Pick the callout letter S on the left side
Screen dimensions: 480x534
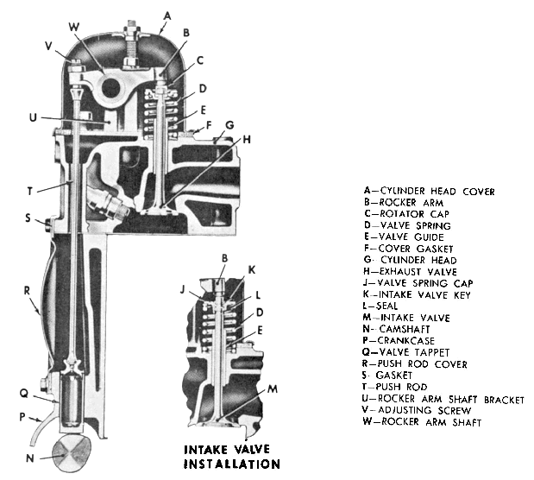coord(29,218)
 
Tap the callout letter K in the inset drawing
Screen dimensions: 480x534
coord(252,269)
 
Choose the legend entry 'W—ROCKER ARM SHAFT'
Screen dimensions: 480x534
coord(424,422)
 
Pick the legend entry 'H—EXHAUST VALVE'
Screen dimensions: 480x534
coord(417,272)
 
